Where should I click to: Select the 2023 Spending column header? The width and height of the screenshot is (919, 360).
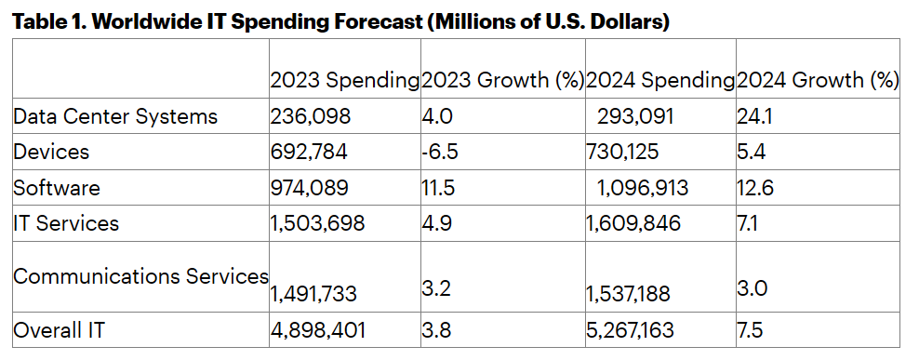coord(344,80)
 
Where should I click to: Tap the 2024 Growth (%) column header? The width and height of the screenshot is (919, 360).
coord(818,80)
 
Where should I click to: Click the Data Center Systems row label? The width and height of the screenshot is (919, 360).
coord(115,116)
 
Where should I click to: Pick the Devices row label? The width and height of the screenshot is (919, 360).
coord(51,152)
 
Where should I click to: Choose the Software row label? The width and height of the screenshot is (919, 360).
coord(56,188)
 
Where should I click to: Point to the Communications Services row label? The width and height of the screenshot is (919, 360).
coord(140,276)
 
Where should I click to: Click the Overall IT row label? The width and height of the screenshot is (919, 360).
coord(59,330)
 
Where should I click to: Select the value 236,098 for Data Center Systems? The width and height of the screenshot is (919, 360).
coord(311,116)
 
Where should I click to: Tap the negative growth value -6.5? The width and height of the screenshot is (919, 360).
coord(440,152)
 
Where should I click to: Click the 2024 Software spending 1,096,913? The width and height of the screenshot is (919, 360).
coord(643,188)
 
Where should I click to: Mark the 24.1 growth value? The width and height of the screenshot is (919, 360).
coord(754,116)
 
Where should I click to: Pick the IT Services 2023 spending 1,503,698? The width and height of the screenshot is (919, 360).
coord(317,223)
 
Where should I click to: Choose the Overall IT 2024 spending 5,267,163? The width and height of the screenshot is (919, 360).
coord(630,330)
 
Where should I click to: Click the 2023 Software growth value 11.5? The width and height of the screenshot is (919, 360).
coord(438,188)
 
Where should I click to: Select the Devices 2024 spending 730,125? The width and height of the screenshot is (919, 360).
coord(622,152)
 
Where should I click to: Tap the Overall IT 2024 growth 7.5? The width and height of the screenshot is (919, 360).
coord(750,330)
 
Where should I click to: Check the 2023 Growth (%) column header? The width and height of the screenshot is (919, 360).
coord(503,80)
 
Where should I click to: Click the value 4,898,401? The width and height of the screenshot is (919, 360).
coord(318,330)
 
